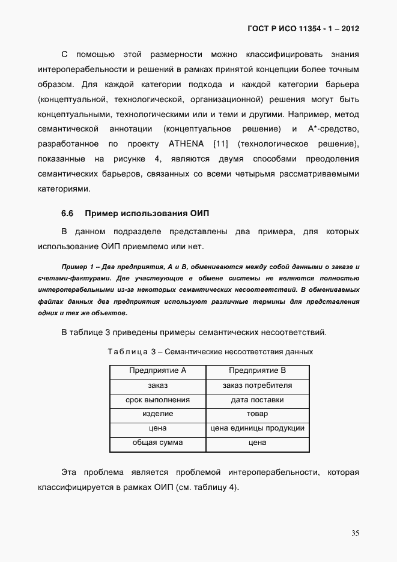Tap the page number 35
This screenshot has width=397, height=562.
coord(355,533)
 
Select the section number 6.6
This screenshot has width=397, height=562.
coord(67,214)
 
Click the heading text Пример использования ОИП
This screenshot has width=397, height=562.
coord(147,214)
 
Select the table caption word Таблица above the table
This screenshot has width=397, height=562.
coord(127,351)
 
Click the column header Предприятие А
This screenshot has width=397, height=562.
coord(157,370)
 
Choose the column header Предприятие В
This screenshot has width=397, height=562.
coord(257,370)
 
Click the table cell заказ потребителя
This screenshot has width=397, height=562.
coord(257,385)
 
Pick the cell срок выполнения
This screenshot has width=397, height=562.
coord(157,400)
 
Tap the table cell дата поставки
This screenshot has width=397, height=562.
coord(257,400)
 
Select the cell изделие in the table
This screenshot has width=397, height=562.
coord(157,414)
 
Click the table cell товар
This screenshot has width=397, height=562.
coord(257,414)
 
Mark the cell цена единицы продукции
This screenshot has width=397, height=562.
coord(257,429)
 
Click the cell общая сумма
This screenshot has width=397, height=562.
coord(157,443)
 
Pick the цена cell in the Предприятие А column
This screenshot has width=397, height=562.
coord(157,429)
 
